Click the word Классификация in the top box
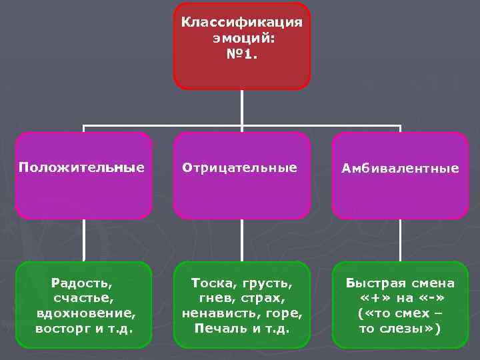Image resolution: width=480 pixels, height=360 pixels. pos(242,23)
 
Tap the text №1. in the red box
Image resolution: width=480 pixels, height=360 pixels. pos(241,55)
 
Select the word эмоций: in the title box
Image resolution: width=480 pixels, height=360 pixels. pos(242,39)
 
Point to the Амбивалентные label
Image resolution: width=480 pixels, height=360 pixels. pos(400,169)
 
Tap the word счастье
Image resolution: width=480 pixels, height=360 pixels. pos(84,297)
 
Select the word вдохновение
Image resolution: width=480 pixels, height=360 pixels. pos(84,313)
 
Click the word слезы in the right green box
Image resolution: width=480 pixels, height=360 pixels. pos(407,328)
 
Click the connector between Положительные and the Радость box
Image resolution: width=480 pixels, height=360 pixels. pos(84,240)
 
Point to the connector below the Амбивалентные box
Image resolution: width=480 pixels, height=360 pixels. pos(400,240)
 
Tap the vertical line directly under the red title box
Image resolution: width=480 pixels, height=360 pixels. pos(242,107)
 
